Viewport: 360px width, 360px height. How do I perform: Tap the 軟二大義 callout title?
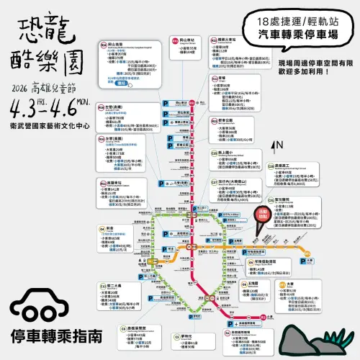pos(115,286)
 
